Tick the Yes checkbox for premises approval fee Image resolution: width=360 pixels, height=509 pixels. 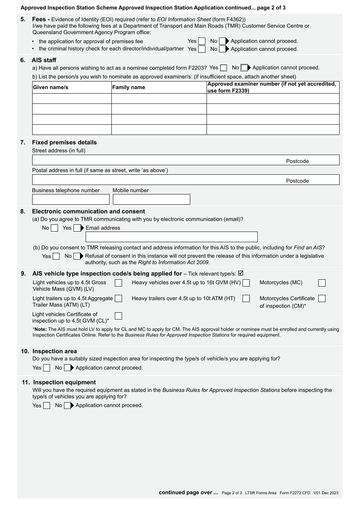202,41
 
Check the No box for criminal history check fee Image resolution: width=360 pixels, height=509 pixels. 222,49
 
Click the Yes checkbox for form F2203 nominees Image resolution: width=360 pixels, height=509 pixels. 224,68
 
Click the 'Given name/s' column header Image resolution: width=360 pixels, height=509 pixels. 51,87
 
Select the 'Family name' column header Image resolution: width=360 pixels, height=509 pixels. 128,87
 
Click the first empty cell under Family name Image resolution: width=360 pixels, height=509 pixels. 159,99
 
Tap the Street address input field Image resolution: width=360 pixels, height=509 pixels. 157,160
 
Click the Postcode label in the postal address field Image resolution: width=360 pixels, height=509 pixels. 297,181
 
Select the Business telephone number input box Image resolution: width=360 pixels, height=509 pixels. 70,199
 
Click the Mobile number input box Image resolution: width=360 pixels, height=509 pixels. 151,199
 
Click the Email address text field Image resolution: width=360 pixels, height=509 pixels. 171,237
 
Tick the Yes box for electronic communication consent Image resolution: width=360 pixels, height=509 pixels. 77,228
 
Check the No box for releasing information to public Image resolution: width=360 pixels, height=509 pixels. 77,256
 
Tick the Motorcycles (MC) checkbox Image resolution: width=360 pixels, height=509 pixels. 322,283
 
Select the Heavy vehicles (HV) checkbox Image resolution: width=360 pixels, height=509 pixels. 246,283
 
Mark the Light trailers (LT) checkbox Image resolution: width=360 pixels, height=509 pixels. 119,299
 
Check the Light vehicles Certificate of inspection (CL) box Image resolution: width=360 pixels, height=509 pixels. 119,316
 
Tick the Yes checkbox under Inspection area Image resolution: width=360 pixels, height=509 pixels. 47,368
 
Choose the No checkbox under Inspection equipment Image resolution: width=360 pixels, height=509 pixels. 67,406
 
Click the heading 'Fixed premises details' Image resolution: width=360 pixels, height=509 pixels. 64,143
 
